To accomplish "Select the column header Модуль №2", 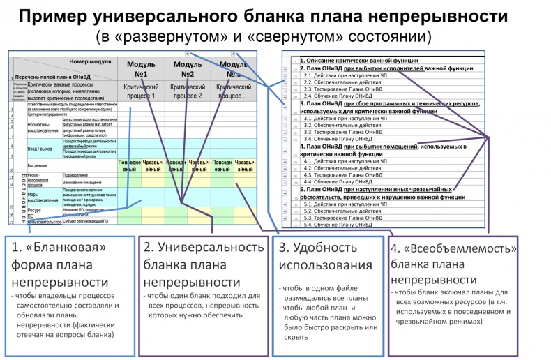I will tap(186, 69).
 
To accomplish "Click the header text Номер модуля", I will tap(91, 61).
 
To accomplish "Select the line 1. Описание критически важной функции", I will tap(349, 61).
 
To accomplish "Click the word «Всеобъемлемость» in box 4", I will tap(465, 248).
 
